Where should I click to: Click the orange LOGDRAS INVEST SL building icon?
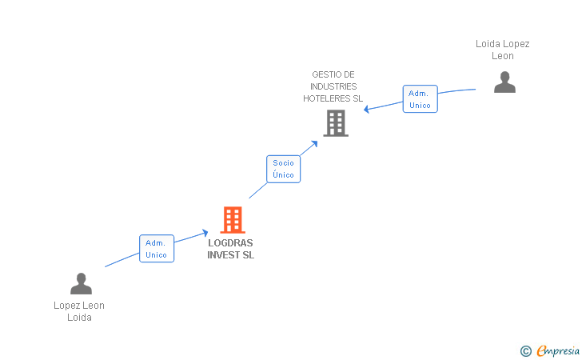pos(233,219)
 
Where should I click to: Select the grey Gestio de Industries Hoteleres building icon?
pos(336,123)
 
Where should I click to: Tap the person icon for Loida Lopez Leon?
pos(504,82)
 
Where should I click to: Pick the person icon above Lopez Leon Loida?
pos(81,283)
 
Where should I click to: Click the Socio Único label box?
pos(283,169)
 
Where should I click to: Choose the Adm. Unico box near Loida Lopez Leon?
pos(420,99)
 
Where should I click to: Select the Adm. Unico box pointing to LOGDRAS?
pos(156,249)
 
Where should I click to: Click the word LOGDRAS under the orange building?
pos(230,244)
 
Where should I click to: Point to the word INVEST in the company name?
pos(223,255)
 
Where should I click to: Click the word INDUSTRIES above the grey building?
pos(333,86)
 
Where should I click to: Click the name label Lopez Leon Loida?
pos(79,311)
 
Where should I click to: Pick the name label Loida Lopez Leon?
pos(503,50)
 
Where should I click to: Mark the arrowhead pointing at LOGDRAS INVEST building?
pos(205,233)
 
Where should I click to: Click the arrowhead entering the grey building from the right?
pos(367,109)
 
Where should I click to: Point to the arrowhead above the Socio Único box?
pos(315,143)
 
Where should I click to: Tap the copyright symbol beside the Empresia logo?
pos(525,350)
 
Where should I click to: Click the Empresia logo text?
pos(557,350)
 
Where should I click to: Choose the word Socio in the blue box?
pos(283,162)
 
